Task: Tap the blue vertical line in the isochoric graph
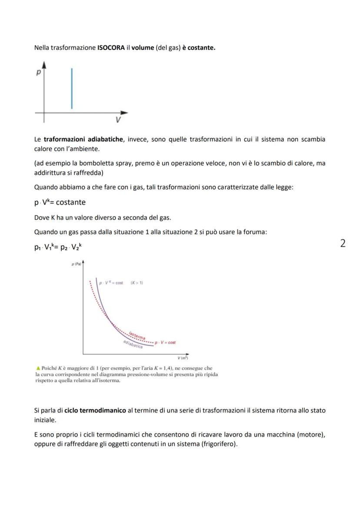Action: [72, 89]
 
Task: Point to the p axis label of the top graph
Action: [38, 73]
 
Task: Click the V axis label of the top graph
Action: [118, 120]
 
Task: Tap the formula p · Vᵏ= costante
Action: [60, 202]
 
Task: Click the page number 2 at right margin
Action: [343, 243]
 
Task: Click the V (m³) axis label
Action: [183, 358]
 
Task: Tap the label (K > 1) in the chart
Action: [137, 283]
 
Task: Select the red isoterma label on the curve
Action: [137, 336]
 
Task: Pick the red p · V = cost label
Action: [166, 343]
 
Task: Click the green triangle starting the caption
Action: [38, 368]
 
